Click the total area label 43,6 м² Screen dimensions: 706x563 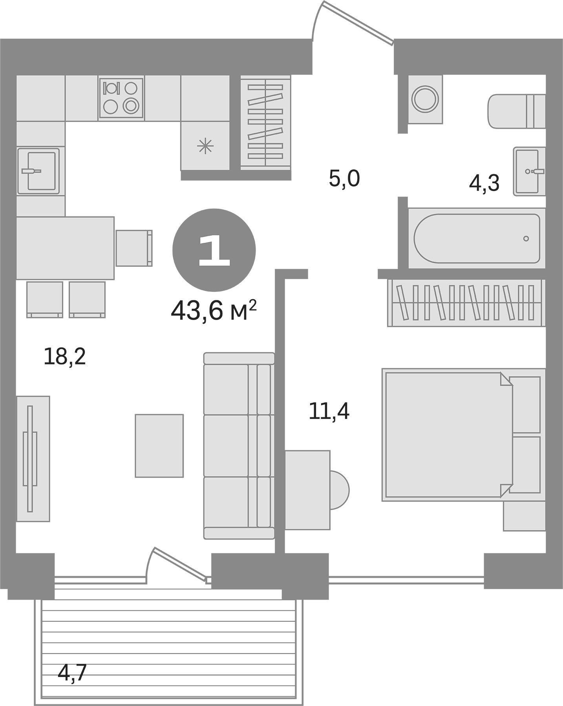[x=214, y=311]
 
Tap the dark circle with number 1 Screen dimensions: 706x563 [x=214, y=250]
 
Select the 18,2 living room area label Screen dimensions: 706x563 [x=64, y=357]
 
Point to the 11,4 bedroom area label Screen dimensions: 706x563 [x=329, y=411]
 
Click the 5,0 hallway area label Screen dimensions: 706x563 [x=344, y=179]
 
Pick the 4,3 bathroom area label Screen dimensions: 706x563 [x=484, y=183]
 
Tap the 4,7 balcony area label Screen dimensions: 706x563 [x=72, y=674]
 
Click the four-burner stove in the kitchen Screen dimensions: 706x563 [x=121, y=98]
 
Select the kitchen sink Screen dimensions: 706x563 [x=38, y=171]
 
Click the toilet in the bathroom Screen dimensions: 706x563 [x=516, y=111]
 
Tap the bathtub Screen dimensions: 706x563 [x=477, y=238]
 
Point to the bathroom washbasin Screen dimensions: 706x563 [x=529, y=171]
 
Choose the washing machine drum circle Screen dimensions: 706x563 [x=425, y=98]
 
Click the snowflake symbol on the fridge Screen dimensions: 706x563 [x=205, y=147]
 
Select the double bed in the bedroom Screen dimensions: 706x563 [x=448, y=435]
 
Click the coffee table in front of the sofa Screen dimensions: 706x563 [x=159, y=446]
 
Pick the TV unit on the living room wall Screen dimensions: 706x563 [x=33, y=459]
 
